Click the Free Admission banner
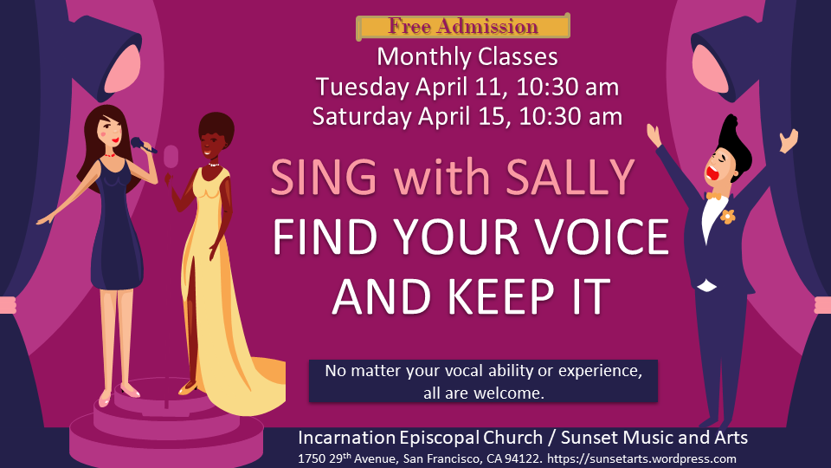(x=463, y=26)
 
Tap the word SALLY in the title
(x=570, y=177)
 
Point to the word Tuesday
(x=363, y=87)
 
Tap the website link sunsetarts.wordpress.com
(x=641, y=459)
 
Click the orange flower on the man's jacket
(x=728, y=216)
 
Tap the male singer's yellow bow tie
(x=717, y=197)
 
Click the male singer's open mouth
(x=712, y=173)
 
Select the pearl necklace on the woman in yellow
(x=213, y=165)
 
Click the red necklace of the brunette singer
(x=109, y=155)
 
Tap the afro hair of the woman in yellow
(x=216, y=127)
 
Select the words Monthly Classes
(x=467, y=57)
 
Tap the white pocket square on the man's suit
(x=706, y=286)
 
